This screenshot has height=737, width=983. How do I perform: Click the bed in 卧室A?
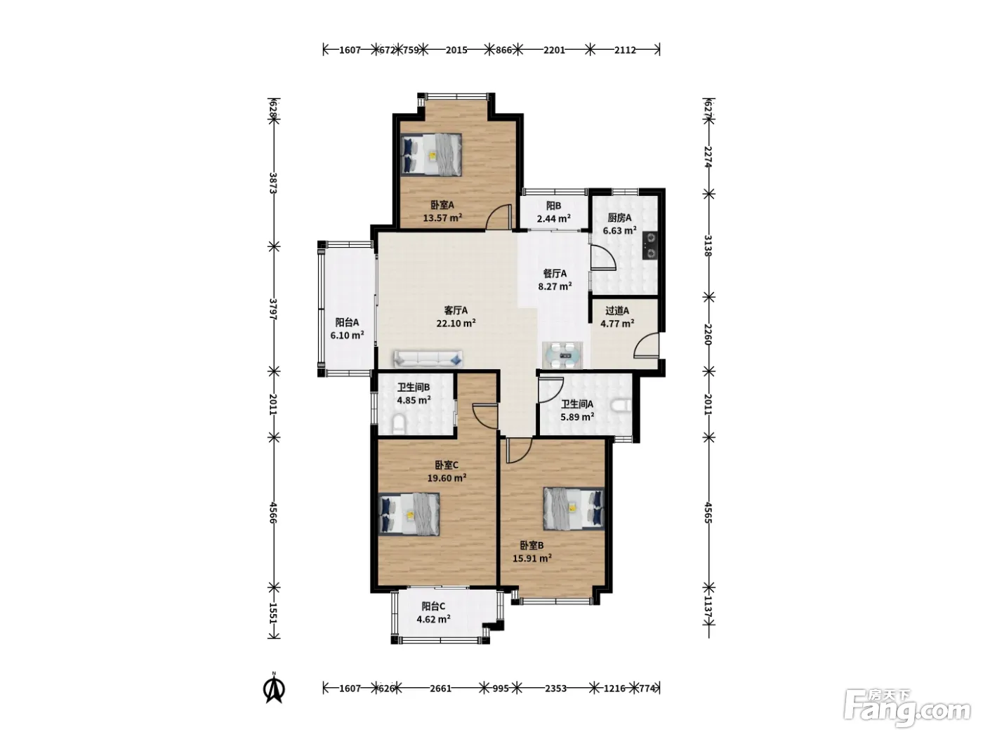431,154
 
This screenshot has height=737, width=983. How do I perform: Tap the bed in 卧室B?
574,509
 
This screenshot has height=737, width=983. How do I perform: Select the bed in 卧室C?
409,514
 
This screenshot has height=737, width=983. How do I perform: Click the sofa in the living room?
428,359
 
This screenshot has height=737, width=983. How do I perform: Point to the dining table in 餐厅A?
563,355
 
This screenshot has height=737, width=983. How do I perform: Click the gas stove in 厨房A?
649,246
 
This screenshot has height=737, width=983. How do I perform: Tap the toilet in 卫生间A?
621,406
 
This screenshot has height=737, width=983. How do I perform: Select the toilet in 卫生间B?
399,424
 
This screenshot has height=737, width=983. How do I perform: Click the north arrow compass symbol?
274,689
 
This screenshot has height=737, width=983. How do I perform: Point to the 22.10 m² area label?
456,323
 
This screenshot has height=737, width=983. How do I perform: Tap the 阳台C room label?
433,606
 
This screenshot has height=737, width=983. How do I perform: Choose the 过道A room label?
617,310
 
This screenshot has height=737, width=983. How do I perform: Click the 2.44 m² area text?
553,218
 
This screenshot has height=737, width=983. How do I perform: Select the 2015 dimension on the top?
456,50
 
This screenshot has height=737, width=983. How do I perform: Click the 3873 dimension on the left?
273,183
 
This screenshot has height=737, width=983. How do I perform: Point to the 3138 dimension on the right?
708,246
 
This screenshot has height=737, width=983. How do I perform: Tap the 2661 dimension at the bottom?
441,689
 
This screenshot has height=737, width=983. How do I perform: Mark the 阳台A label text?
347,322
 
